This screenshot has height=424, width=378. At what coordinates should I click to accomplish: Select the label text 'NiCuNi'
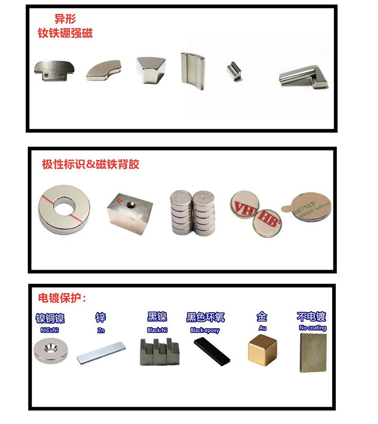[x=50, y=329]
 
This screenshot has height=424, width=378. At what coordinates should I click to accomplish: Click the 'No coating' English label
[x=312, y=328]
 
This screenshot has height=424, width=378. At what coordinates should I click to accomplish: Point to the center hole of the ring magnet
[x=64, y=207]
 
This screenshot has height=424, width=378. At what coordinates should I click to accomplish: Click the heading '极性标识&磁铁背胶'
[x=90, y=165]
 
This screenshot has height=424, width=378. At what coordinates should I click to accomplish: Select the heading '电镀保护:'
[x=62, y=298]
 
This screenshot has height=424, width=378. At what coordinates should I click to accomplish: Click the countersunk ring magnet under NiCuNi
[x=51, y=351]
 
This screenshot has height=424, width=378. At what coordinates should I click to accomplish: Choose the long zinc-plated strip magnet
[x=101, y=352]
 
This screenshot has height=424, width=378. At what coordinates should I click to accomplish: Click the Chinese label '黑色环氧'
[x=205, y=317]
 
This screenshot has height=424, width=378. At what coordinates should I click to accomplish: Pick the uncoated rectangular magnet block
[x=313, y=352]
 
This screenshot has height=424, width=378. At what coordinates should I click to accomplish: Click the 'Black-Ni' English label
[x=157, y=330]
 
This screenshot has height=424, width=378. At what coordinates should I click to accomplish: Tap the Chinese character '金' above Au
[x=262, y=316]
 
